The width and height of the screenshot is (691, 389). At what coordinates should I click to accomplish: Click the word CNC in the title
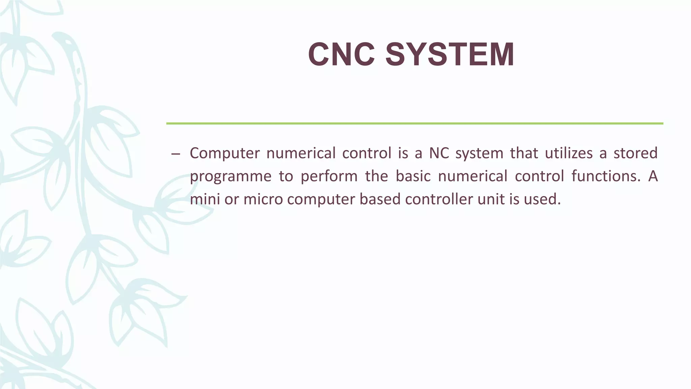pos(341,55)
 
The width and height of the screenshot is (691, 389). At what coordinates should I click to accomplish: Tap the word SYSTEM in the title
pos(450,55)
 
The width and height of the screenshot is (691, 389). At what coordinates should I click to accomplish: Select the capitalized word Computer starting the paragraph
pos(224,154)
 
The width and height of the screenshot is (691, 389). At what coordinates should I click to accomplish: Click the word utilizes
pos(569,153)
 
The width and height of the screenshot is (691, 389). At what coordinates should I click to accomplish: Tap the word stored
pos(635,153)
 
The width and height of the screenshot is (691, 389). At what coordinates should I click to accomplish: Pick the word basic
pos(413,176)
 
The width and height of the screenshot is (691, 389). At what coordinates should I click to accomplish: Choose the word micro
pos(263,199)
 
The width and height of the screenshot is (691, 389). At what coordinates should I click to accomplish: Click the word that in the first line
pos(524,153)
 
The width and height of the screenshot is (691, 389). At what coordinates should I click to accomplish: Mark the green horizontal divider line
pos(414,124)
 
